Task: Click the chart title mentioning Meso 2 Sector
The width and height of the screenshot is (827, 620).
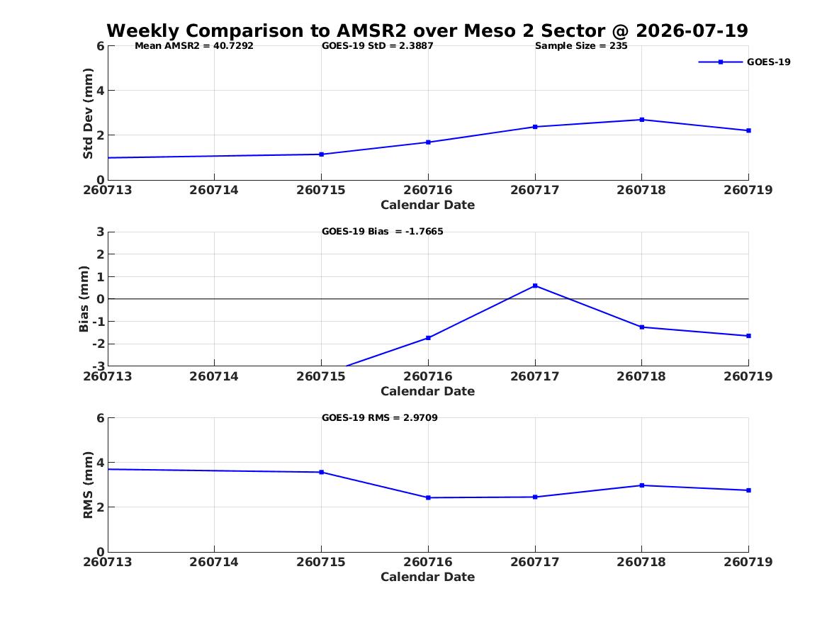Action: [x=427, y=30]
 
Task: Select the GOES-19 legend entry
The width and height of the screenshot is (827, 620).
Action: [x=744, y=62]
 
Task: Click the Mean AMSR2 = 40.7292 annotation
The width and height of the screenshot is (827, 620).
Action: [x=194, y=46]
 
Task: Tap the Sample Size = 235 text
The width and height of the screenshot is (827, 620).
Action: [x=581, y=46]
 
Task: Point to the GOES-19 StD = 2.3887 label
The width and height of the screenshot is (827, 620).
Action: [x=378, y=46]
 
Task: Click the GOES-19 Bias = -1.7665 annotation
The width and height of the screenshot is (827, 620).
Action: [x=383, y=232]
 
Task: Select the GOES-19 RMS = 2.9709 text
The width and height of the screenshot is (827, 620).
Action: [x=380, y=417]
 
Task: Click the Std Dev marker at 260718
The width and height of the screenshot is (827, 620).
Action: [x=642, y=120]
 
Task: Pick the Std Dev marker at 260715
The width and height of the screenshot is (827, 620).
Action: [x=322, y=154]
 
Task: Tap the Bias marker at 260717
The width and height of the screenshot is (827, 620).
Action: [x=535, y=286]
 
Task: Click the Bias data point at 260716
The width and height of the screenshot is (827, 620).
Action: [x=428, y=338]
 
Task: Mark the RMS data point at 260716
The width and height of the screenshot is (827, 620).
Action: [x=428, y=497]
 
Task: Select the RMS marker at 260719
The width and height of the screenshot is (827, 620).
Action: [x=748, y=490]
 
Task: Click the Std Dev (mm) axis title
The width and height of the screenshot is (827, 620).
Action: [x=88, y=113]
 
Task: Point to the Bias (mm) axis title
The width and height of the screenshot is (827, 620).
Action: [x=84, y=299]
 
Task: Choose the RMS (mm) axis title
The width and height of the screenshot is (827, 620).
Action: [x=88, y=485]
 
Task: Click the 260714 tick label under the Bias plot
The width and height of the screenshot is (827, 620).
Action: [x=214, y=376]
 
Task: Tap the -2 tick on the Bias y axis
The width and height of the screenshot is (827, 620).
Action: [x=99, y=344]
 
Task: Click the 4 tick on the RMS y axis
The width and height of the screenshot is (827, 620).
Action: [x=101, y=463]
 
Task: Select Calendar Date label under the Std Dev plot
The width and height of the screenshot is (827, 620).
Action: [x=428, y=205]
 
